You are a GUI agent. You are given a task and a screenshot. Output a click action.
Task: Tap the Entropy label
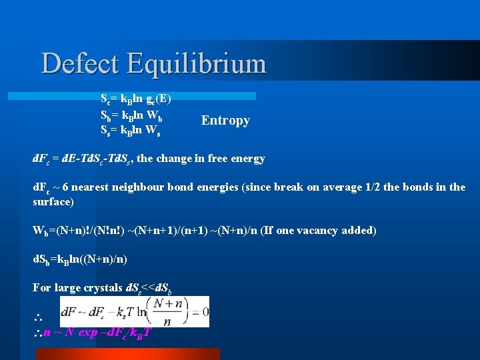[225, 121]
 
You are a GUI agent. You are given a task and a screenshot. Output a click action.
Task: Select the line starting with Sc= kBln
[135, 99]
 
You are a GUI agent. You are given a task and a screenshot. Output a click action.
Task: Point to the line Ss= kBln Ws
[131, 129]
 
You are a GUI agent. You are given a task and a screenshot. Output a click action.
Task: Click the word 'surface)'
[53, 201]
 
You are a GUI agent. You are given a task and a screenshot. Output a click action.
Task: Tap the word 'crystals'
[101, 287]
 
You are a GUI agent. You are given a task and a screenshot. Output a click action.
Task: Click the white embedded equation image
[134, 311]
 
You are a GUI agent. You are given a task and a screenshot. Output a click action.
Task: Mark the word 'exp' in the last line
[88, 332]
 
